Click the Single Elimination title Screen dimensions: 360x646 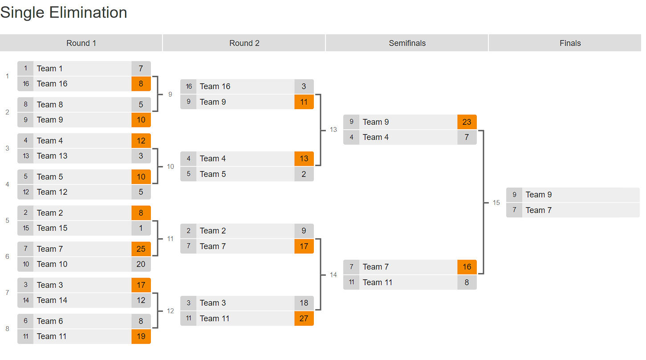point(64,12)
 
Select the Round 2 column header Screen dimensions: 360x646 point(244,43)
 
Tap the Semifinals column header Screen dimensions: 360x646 point(407,43)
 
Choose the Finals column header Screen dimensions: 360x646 point(570,43)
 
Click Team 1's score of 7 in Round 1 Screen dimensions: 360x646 point(141,69)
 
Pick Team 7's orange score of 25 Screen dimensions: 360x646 point(141,249)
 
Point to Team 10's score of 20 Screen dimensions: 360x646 point(141,264)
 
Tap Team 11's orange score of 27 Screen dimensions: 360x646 point(304,319)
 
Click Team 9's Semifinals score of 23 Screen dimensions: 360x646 point(467,122)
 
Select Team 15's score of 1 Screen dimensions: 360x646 point(141,228)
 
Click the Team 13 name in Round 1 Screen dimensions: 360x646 point(52,156)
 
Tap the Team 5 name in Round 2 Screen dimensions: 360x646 point(212,174)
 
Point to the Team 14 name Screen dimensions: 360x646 point(52,300)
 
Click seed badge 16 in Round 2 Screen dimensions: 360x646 point(189,86)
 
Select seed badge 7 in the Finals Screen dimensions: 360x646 point(514,210)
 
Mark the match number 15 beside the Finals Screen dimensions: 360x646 point(496,203)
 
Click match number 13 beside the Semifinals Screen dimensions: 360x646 point(333,130)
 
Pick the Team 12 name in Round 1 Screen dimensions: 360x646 point(52,192)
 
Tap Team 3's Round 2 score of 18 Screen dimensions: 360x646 point(304,303)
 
